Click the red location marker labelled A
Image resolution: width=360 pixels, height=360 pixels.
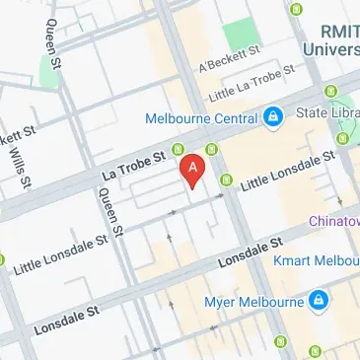coord(193,168)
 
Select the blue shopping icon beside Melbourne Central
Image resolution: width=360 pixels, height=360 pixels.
coord(271,118)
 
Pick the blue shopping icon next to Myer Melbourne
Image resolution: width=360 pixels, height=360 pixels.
coord(319,299)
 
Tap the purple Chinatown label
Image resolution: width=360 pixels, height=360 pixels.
coord(335,220)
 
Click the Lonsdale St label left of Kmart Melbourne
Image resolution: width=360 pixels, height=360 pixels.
coord(243,252)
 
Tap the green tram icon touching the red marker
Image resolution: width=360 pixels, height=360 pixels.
coord(180,150)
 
